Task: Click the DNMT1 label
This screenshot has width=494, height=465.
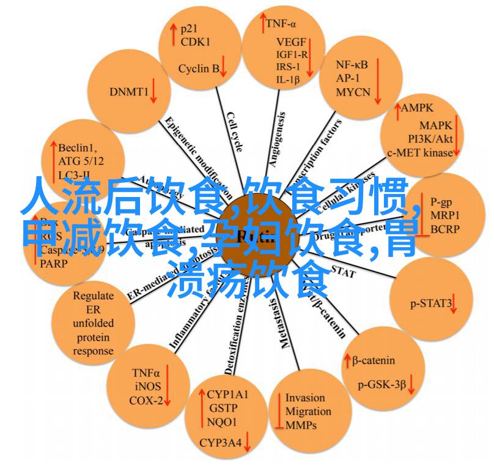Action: pyautogui.click(x=129, y=92)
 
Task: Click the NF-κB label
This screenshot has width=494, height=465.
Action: pyautogui.click(x=352, y=64)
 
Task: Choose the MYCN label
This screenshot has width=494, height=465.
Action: pyautogui.click(x=353, y=92)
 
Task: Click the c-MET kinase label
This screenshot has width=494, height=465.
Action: pyautogui.click(x=419, y=154)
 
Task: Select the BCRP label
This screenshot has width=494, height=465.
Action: pyautogui.click(x=443, y=229)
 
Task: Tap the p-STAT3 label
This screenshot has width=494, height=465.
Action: pyautogui.click(x=430, y=303)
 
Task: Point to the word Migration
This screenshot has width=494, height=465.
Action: pyautogui.click(x=308, y=411)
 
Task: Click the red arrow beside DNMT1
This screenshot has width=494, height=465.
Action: pyautogui.click(x=153, y=91)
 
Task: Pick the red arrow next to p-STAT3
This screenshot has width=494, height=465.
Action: pyautogui.click(x=455, y=303)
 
